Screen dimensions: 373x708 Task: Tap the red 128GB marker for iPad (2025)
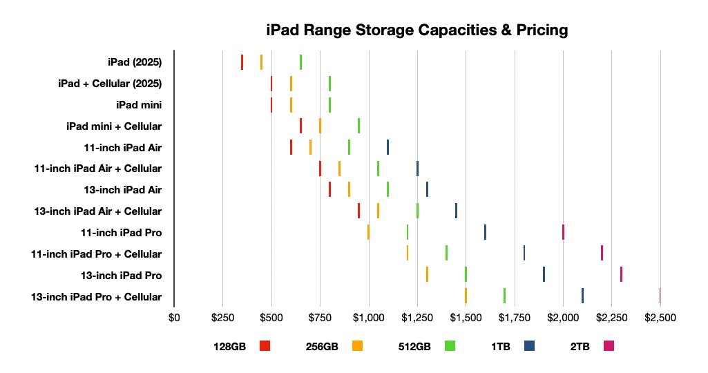[242, 62]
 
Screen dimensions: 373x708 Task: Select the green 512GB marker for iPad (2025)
[300, 62]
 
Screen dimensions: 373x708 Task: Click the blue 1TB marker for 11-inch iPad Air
[388, 147]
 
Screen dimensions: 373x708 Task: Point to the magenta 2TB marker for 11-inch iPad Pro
[563, 232]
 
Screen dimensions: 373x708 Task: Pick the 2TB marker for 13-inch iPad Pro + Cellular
[660, 296]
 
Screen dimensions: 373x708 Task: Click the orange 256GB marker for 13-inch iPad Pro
[427, 274]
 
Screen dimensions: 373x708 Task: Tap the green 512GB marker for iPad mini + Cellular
[358, 126]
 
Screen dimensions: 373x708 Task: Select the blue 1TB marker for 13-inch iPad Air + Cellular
[456, 211]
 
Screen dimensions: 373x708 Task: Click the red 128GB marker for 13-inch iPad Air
[329, 189]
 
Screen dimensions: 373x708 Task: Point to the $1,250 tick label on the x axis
[417, 318]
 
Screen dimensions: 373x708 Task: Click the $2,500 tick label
[660, 318]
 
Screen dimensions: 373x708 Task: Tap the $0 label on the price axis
[174, 318]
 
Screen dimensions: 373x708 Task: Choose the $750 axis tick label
[320, 318]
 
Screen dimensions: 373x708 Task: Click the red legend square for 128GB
[265, 346]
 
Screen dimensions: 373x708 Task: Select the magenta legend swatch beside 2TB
[609, 346]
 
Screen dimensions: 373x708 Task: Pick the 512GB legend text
[414, 347]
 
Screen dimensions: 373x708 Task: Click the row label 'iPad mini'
[139, 105]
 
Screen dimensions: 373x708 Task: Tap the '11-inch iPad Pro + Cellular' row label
[97, 254]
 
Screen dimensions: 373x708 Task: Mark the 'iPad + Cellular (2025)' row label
[110, 84]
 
